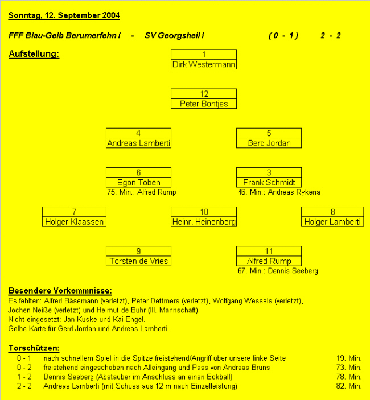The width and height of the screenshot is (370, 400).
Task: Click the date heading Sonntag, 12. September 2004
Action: [64, 15]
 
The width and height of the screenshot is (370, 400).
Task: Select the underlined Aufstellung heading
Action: [34, 54]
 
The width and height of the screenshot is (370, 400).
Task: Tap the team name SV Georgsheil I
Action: [175, 35]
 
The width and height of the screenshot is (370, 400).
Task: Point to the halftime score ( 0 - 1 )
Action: [283, 35]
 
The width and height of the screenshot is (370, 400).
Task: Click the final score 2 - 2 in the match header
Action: [330, 35]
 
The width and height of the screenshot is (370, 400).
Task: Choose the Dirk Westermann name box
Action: [204, 64]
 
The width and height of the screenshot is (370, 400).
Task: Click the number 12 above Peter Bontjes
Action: [204, 94]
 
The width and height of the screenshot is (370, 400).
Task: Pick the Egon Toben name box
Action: [138, 183]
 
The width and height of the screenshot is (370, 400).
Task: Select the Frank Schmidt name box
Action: [269, 183]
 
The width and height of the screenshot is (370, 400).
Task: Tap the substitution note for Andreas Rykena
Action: [279, 192]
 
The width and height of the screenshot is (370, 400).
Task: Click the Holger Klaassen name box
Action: [74, 222]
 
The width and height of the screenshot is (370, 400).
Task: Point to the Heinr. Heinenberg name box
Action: [204, 222]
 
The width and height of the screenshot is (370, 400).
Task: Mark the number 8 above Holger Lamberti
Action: [333, 212]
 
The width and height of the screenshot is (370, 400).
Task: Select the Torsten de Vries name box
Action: [138, 261]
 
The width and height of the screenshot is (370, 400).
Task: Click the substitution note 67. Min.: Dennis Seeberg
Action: [278, 271]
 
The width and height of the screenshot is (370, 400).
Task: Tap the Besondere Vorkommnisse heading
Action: [60, 291]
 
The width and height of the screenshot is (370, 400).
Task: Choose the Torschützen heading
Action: [34, 348]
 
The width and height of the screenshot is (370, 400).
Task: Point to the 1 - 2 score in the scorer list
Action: [24, 377]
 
